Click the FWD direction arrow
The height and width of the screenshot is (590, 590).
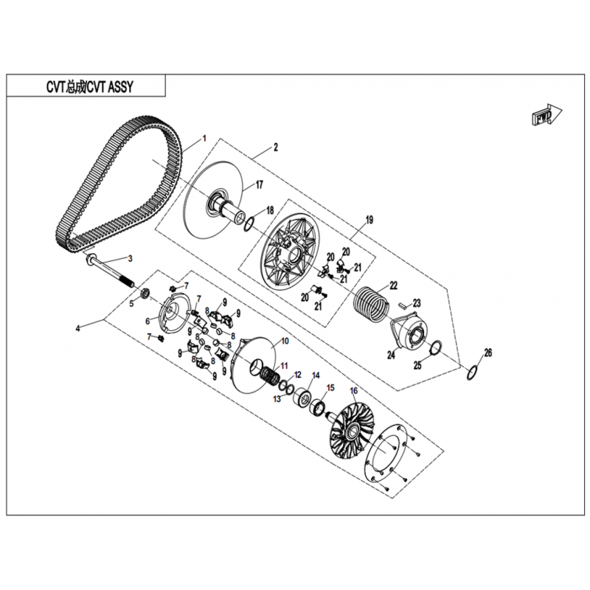[546, 114]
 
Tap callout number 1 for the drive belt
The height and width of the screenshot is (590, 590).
[204, 139]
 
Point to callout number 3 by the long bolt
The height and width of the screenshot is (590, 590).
[131, 259]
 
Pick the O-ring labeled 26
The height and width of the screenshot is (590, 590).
[473, 373]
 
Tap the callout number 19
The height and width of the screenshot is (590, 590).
[369, 220]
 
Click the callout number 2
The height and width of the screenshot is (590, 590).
[275, 147]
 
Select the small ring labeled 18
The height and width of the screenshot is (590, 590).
[249, 225]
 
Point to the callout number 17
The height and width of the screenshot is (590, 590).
[260, 185]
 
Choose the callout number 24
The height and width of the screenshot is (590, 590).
[391, 355]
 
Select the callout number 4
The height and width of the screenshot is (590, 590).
[77, 328]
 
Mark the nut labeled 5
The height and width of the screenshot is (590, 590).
[145, 294]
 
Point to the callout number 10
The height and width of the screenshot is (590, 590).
[285, 341]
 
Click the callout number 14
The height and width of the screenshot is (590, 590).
[316, 375]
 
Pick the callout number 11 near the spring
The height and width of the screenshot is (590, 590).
[284, 365]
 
